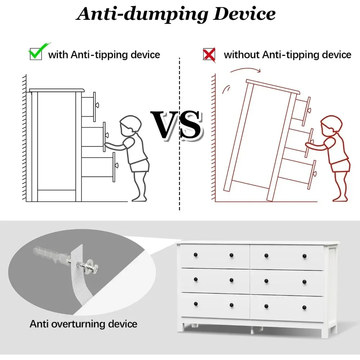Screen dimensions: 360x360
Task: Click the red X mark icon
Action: (x=209, y=54)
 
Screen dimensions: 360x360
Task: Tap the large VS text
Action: (x=176, y=125)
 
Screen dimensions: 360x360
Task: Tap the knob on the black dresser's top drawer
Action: (x=97, y=105)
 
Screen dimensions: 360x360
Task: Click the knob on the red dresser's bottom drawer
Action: (x=314, y=174)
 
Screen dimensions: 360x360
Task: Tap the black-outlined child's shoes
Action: (x=139, y=198)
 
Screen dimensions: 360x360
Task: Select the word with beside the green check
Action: (x=58, y=55)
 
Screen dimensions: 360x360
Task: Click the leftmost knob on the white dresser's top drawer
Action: (x=195, y=255)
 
